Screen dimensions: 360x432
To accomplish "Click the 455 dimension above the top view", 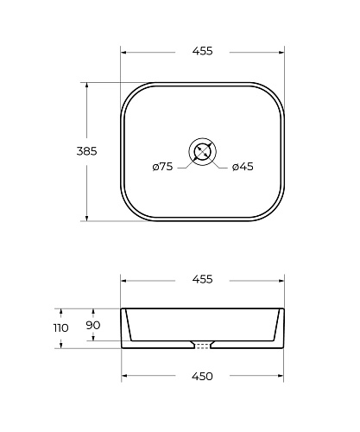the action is [202, 51].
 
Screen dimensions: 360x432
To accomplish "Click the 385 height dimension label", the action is [86, 151].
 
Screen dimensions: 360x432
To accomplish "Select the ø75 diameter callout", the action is [162, 167].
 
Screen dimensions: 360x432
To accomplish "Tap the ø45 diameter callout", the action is [243, 167].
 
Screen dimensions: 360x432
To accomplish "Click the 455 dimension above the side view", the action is [202, 279].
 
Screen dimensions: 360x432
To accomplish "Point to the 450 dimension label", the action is [202, 376].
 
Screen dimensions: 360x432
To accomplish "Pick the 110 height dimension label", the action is [61, 327].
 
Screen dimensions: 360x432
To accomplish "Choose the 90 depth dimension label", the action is [93, 325].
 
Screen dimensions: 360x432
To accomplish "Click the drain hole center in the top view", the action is [202, 151].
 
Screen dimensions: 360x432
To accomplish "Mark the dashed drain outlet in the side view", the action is [202, 346].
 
